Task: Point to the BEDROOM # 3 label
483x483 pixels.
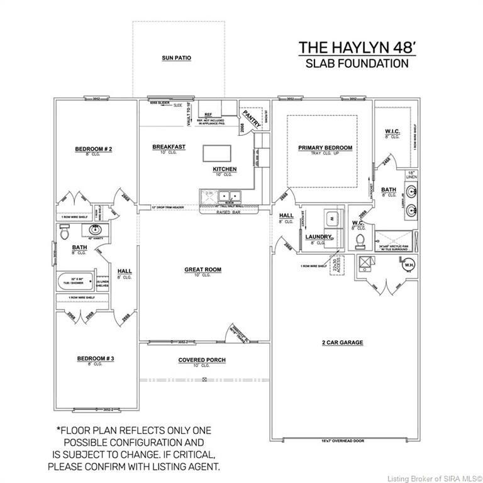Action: click(96, 358)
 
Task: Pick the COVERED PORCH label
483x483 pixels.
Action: click(202, 360)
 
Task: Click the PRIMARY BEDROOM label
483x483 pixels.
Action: click(325, 148)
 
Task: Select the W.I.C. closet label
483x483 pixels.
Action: click(392, 132)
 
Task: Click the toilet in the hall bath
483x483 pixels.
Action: click(64, 233)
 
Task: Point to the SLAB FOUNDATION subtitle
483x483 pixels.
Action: click(357, 63)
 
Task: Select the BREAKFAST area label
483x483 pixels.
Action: click(169, 147)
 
